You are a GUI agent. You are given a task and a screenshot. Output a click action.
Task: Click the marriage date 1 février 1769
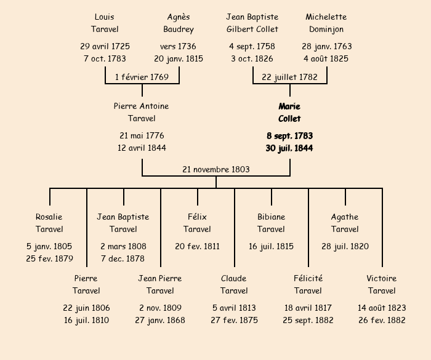(142, 77)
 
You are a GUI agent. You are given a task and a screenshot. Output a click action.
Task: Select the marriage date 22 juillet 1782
(289, 77)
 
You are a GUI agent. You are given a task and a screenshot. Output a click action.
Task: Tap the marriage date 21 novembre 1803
(216, 169)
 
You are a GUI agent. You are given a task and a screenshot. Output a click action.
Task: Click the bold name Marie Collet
(289, 113)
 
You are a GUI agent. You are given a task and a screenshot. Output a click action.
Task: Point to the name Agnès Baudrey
(179, 23)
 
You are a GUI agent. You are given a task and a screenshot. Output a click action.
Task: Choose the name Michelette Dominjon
(326, 23)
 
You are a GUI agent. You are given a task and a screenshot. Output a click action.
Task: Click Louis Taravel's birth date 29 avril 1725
(105, 46)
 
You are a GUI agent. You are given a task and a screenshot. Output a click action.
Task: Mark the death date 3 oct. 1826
(252, 59)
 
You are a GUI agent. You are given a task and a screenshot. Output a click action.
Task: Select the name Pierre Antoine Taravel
(142, 112)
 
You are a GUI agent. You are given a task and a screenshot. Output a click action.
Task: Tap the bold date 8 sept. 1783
(289, 135)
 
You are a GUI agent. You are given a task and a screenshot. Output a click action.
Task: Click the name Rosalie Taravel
(49, 223)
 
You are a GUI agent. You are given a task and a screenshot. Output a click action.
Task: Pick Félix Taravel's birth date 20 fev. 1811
(197, 246)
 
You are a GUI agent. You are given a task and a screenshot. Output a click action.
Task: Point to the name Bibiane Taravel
(271, 223)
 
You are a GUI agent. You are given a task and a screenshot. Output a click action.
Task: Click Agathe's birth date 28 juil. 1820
(345, 246)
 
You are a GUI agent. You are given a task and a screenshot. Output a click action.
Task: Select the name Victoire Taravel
(382, 284)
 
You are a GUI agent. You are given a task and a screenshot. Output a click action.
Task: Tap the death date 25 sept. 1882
(308, 320)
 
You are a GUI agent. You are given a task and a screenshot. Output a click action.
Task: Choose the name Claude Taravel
(234, 284)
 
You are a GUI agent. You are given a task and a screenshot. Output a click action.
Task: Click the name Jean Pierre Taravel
(160, 284)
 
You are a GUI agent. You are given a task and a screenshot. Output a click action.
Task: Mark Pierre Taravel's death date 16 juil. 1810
(86, 320)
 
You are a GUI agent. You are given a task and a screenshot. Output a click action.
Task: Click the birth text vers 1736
(179, 46)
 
